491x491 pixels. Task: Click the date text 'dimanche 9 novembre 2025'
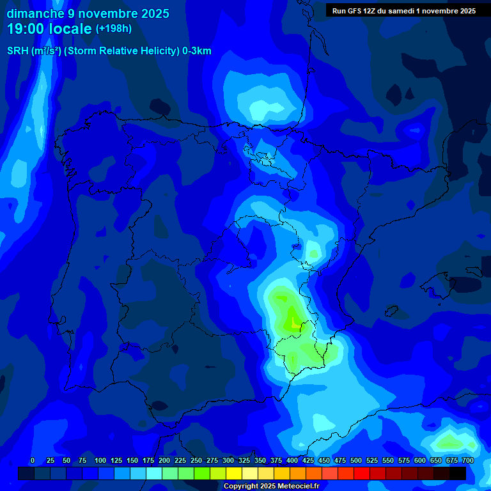point(88,13)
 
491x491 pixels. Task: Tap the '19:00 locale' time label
point(49,29)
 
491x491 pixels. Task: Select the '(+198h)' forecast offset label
point(113,29)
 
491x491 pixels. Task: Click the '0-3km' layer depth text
point(197,51)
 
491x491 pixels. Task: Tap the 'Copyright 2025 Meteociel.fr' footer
point(271,486)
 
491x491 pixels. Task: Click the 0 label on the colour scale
point(33,460)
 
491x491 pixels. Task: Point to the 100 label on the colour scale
point(100,460)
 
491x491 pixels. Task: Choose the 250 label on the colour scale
point(196,460)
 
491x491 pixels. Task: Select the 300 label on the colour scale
point(228,460)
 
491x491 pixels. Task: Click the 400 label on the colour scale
point(292,460)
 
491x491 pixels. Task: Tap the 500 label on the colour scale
point(356,460)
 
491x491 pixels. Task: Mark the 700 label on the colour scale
point(467,460)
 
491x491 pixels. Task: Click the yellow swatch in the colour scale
point(234,473)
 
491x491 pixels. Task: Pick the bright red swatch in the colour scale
point(362,473)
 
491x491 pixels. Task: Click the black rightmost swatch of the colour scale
point(458,473)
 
